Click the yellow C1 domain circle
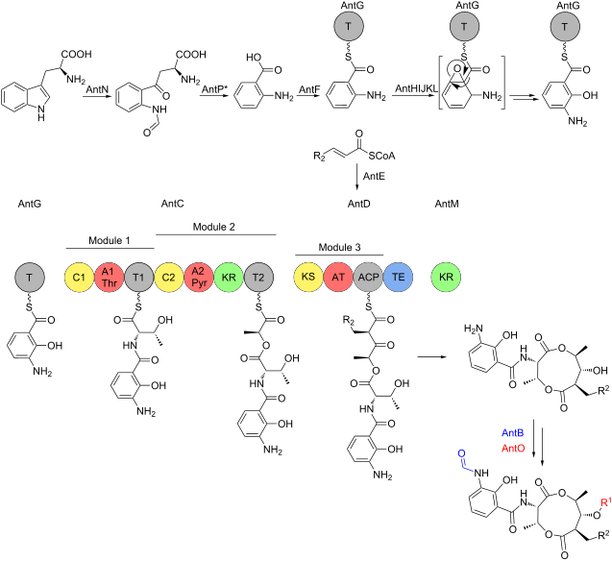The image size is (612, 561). coord(79,278)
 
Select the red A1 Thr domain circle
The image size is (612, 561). coord(109,278)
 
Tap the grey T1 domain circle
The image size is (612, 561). coord(138,278)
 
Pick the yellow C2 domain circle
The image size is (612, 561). coord(168,278)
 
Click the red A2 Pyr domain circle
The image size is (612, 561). coord(198,278)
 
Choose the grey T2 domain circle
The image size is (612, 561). coord(257,278)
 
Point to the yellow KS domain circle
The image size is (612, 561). coord(308,278)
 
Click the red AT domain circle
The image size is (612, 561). coord(338,278)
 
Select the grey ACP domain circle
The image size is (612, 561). coord(368,278)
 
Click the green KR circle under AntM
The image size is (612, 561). coord(446,278)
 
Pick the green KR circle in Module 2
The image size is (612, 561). coord(228,278)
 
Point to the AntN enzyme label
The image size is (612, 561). coord(96,88)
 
